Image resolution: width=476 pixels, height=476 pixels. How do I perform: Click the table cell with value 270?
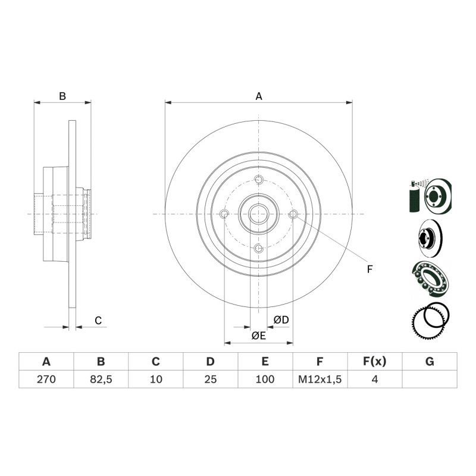(x=46, y=379)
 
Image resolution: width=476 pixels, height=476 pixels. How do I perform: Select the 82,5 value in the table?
(x=101, y=379)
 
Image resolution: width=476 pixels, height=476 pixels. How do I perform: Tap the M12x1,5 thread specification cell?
(x=320, y=379)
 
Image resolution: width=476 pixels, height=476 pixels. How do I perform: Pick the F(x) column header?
(x=375, y=362)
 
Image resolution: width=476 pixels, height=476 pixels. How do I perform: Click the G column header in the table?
(x=430, y=362)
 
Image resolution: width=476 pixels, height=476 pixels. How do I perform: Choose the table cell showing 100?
(x=265, y=379)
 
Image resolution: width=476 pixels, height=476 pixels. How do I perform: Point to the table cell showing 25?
(x=211, y=379)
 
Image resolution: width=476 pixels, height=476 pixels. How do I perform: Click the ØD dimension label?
(x=281, y=320)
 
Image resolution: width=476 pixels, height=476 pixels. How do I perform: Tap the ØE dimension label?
(x=259, y=336)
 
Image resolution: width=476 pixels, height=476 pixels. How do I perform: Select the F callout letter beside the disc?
(x=369, y=270)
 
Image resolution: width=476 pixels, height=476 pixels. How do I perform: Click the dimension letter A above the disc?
(x=259, y=96)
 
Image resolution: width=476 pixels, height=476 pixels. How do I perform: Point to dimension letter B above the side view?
(x=62, y=96)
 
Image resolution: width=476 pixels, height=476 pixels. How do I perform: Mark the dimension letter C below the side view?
(x=98, y=321)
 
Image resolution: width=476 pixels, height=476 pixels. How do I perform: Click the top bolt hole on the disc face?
(x=259, y=180)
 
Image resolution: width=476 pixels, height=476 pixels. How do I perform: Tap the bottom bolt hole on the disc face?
(x=258, y=248)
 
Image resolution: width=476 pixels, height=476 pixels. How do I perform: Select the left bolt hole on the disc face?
(x=224, y=214)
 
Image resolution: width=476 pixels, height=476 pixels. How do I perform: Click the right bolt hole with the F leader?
(x=293, y=214)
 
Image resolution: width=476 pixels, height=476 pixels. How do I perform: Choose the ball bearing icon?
(x=430, y=278)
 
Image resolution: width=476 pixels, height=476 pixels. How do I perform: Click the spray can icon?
(x=414, y=196)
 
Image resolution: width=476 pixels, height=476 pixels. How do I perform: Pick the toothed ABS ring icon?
(x=430, y=321)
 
